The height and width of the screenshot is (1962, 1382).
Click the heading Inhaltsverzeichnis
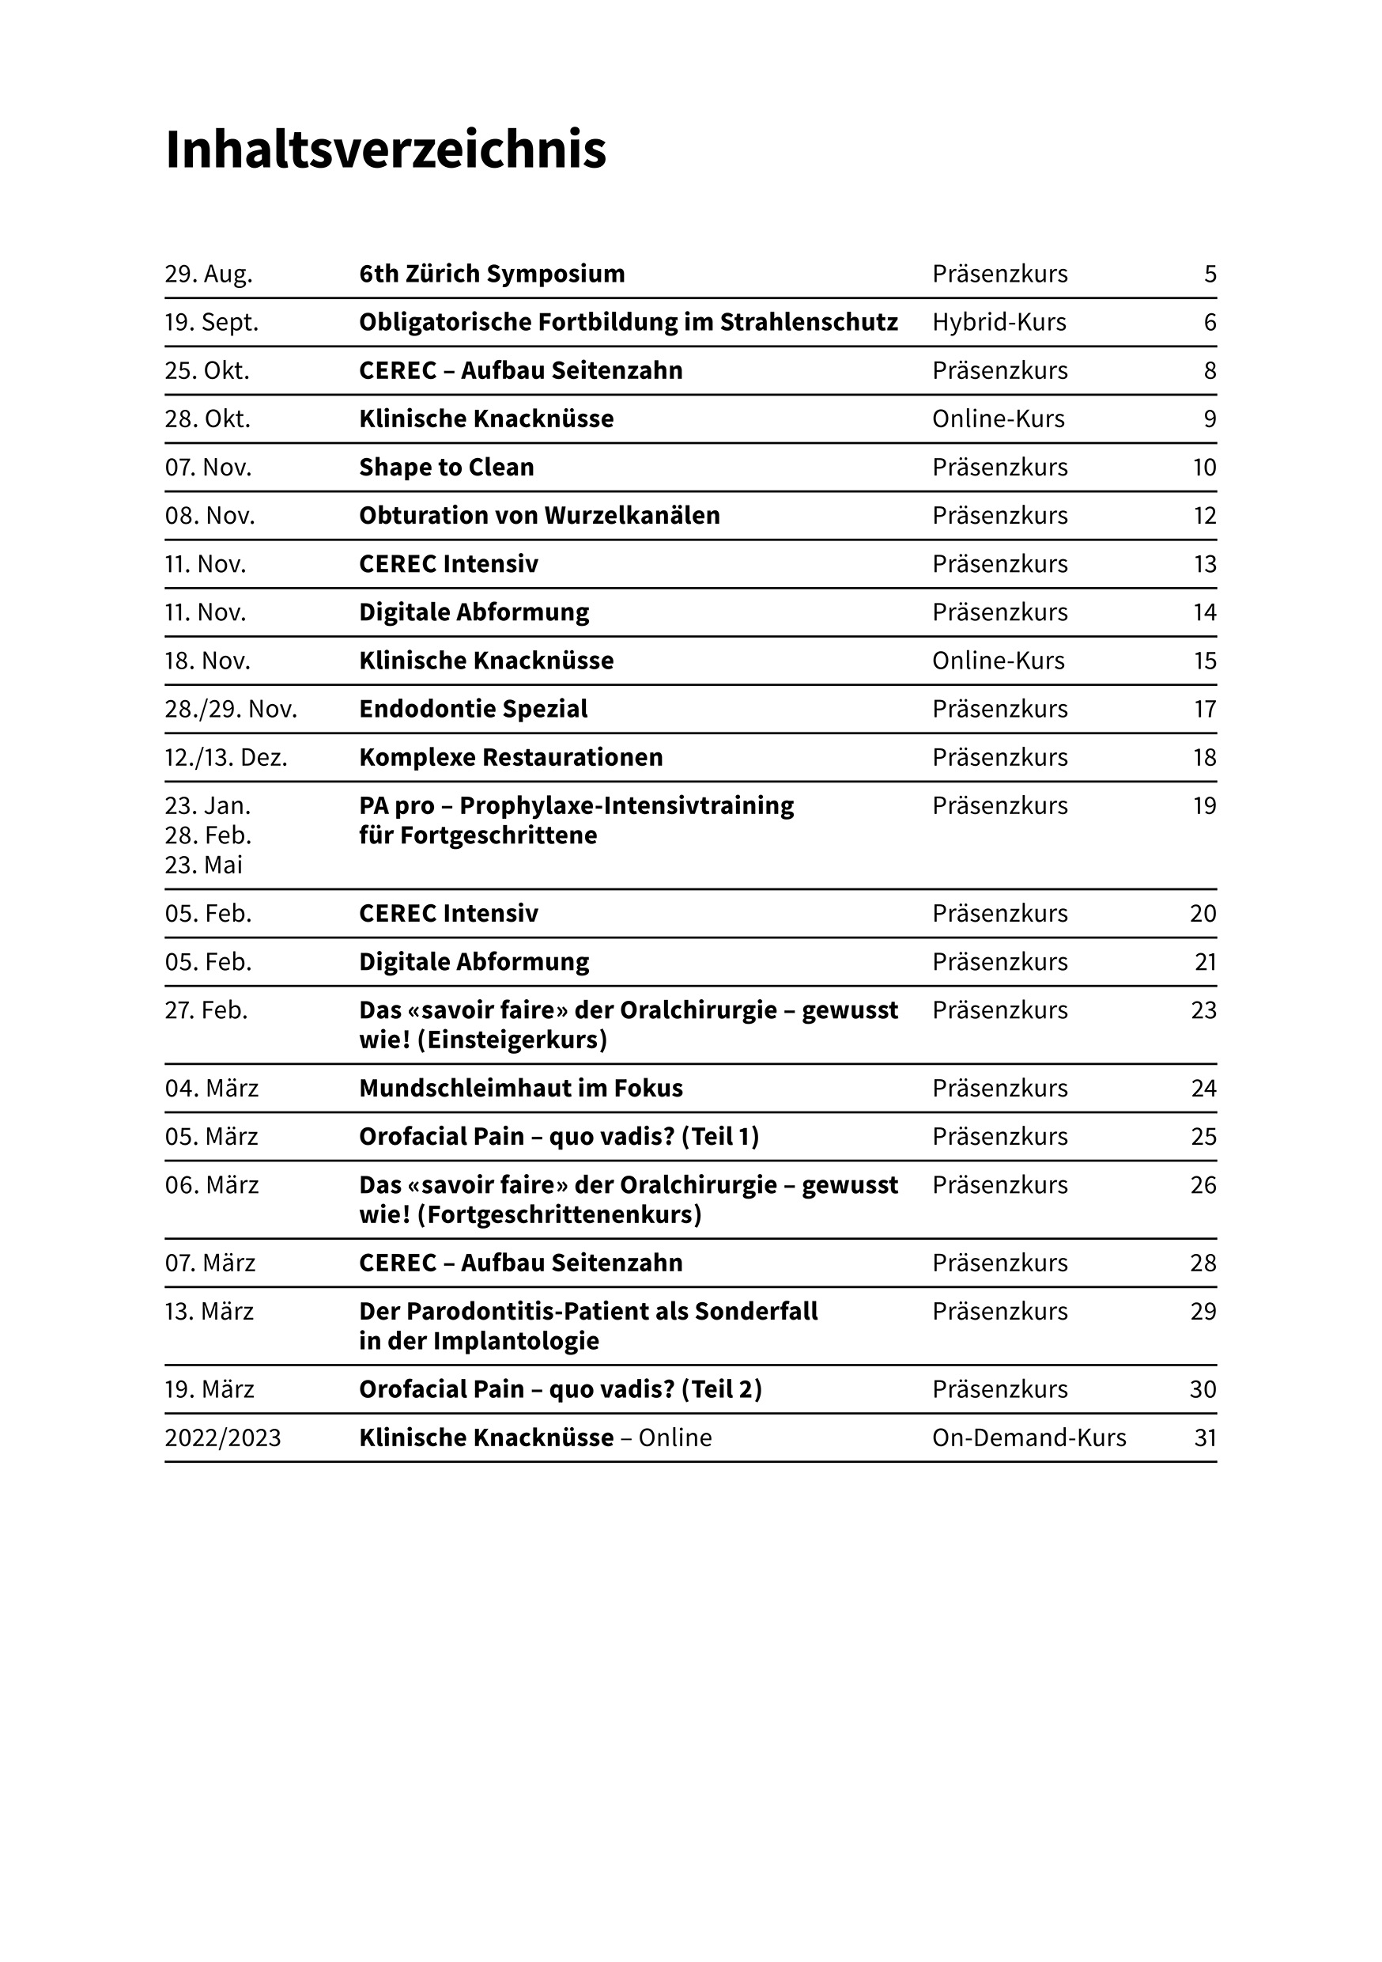[385, 150]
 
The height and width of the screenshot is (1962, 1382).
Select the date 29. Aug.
[209, 275]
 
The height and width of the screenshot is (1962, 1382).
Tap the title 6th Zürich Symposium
[491, 275]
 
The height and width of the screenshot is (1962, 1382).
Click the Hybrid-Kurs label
[999, 322]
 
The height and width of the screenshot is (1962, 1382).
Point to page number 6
[1209, 322]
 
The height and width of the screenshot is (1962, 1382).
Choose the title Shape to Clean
[446, 468]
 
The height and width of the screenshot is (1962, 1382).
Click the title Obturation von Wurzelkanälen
[539, 515]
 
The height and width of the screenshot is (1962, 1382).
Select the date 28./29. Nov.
[231, 710]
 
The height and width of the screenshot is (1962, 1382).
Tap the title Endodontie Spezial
[474, 710]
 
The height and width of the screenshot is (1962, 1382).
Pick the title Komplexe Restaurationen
[511, 758]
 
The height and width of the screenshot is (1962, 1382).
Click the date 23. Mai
[203, 865]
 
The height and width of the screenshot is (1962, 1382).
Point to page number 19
[1204, 806]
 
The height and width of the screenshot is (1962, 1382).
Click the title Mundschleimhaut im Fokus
[521, 1089]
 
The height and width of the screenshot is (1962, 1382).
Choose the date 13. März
[210, 1312]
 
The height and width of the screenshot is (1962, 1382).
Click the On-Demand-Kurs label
[1029, 1438]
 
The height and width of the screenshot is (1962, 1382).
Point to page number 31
[1204, 1438]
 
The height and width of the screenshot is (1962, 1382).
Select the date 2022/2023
[222, 1438]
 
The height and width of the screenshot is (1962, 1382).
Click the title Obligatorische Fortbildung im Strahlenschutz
[628, 322]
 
